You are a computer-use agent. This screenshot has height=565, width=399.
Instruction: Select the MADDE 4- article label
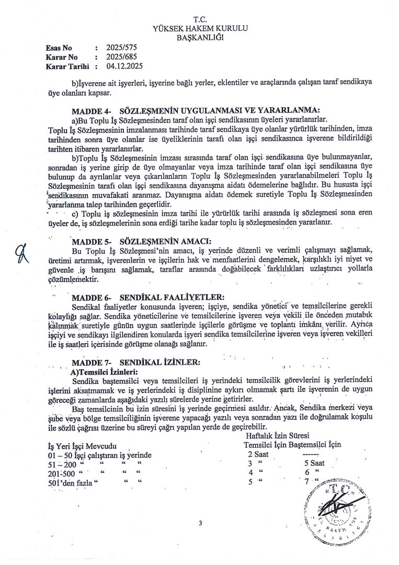click(90, 110)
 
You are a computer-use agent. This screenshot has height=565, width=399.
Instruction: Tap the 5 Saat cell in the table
click(314, 463)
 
